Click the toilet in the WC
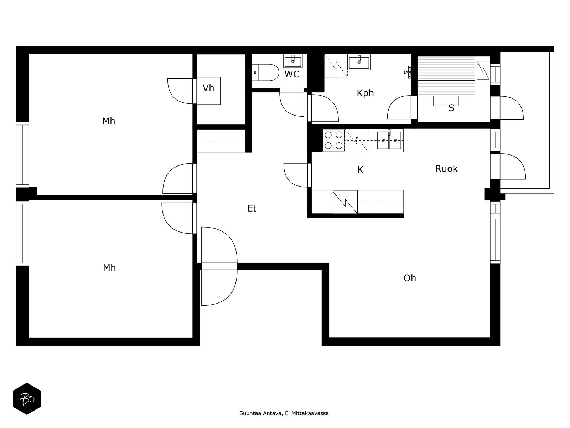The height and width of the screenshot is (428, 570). click(265, 72)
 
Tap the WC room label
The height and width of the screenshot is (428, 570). click(292, 74)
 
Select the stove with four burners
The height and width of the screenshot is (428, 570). click(334, 140)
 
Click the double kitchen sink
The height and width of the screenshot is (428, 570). click(389, 140)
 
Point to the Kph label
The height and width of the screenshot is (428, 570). click(365, 93)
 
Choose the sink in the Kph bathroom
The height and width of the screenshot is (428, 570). click(359, 62)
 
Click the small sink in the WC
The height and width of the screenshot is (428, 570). click(293, 61)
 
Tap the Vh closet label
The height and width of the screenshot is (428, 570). click(208, 88)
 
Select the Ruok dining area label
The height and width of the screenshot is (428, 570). click(446, 169)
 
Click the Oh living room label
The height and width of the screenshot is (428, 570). click(410, 278)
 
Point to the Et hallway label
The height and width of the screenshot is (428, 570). click(252, 208)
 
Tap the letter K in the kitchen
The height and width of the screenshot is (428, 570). click(360, 170)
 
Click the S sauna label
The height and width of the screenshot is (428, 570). click(451, 108)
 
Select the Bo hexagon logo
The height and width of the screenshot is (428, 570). click(27, 399)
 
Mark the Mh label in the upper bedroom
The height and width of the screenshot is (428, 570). click(109, 121)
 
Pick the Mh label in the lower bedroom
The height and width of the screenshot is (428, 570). click(109, 268)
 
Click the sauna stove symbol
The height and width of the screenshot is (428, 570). click(483, 70)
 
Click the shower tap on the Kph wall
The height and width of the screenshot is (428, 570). click(408, 72)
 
